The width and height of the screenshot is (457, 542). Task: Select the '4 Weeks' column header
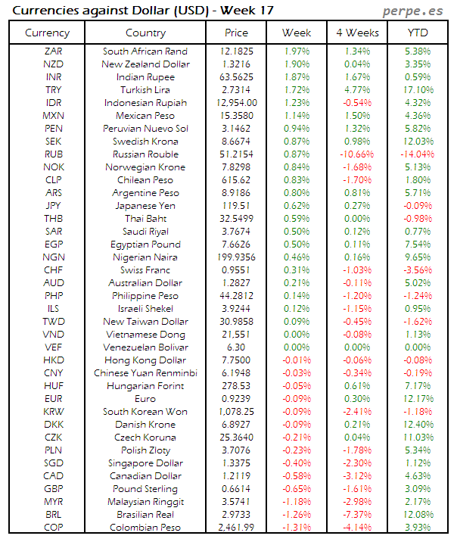[x=356, y=33]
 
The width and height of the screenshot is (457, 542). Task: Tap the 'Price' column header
[x=237, y=33]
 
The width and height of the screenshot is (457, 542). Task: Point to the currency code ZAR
[x=54, y=51]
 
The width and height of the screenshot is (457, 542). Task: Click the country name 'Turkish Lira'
[x=146, y=90]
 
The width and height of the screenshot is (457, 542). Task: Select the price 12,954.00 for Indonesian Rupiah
[x=237, y=103]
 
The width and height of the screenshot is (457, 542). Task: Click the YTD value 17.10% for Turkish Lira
[x=417, y=90]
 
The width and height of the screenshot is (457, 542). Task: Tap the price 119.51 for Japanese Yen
[x=237, y=206]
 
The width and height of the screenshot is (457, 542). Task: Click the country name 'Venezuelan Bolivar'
[x=146, y=347]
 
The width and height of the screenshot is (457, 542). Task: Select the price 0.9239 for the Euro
[x=237, y=399]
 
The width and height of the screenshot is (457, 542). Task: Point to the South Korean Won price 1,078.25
[x=237, y=412]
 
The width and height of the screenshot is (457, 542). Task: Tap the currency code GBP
[x=54, y=489]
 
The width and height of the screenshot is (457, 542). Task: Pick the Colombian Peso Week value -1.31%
[x=296, y=528]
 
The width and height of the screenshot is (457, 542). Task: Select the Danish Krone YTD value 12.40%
[x=417, y=425]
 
